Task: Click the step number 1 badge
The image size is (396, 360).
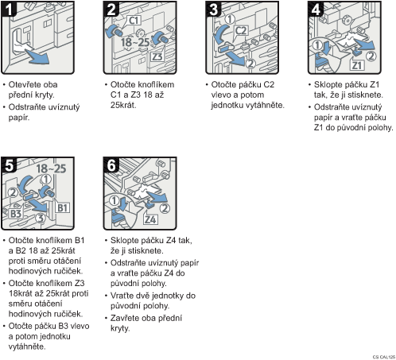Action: [9, 9]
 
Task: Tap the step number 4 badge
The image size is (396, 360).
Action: [316, 9]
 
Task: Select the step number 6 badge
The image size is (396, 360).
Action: [111, 165]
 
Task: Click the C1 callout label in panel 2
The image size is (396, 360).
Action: [134, 20]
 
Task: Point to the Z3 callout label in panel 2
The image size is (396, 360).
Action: [157, 56]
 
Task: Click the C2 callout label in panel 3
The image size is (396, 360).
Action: [241, 31]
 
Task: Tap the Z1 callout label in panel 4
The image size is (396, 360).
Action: [357, 65]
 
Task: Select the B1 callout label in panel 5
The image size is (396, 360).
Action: [63, 208]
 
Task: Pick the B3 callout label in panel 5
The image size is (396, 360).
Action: [15, 214]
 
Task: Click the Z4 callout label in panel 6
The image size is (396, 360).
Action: [150, 219]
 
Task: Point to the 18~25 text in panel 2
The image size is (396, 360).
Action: [135, 42]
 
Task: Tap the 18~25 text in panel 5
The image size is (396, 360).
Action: [51, 168]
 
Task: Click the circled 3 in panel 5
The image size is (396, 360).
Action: [41, 219]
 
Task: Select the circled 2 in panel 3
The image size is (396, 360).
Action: [250, 64]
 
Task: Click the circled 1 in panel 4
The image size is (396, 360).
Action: [317, 45]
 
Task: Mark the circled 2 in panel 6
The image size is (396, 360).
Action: [165, 208]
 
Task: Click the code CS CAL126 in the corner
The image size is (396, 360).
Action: [384, 357]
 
